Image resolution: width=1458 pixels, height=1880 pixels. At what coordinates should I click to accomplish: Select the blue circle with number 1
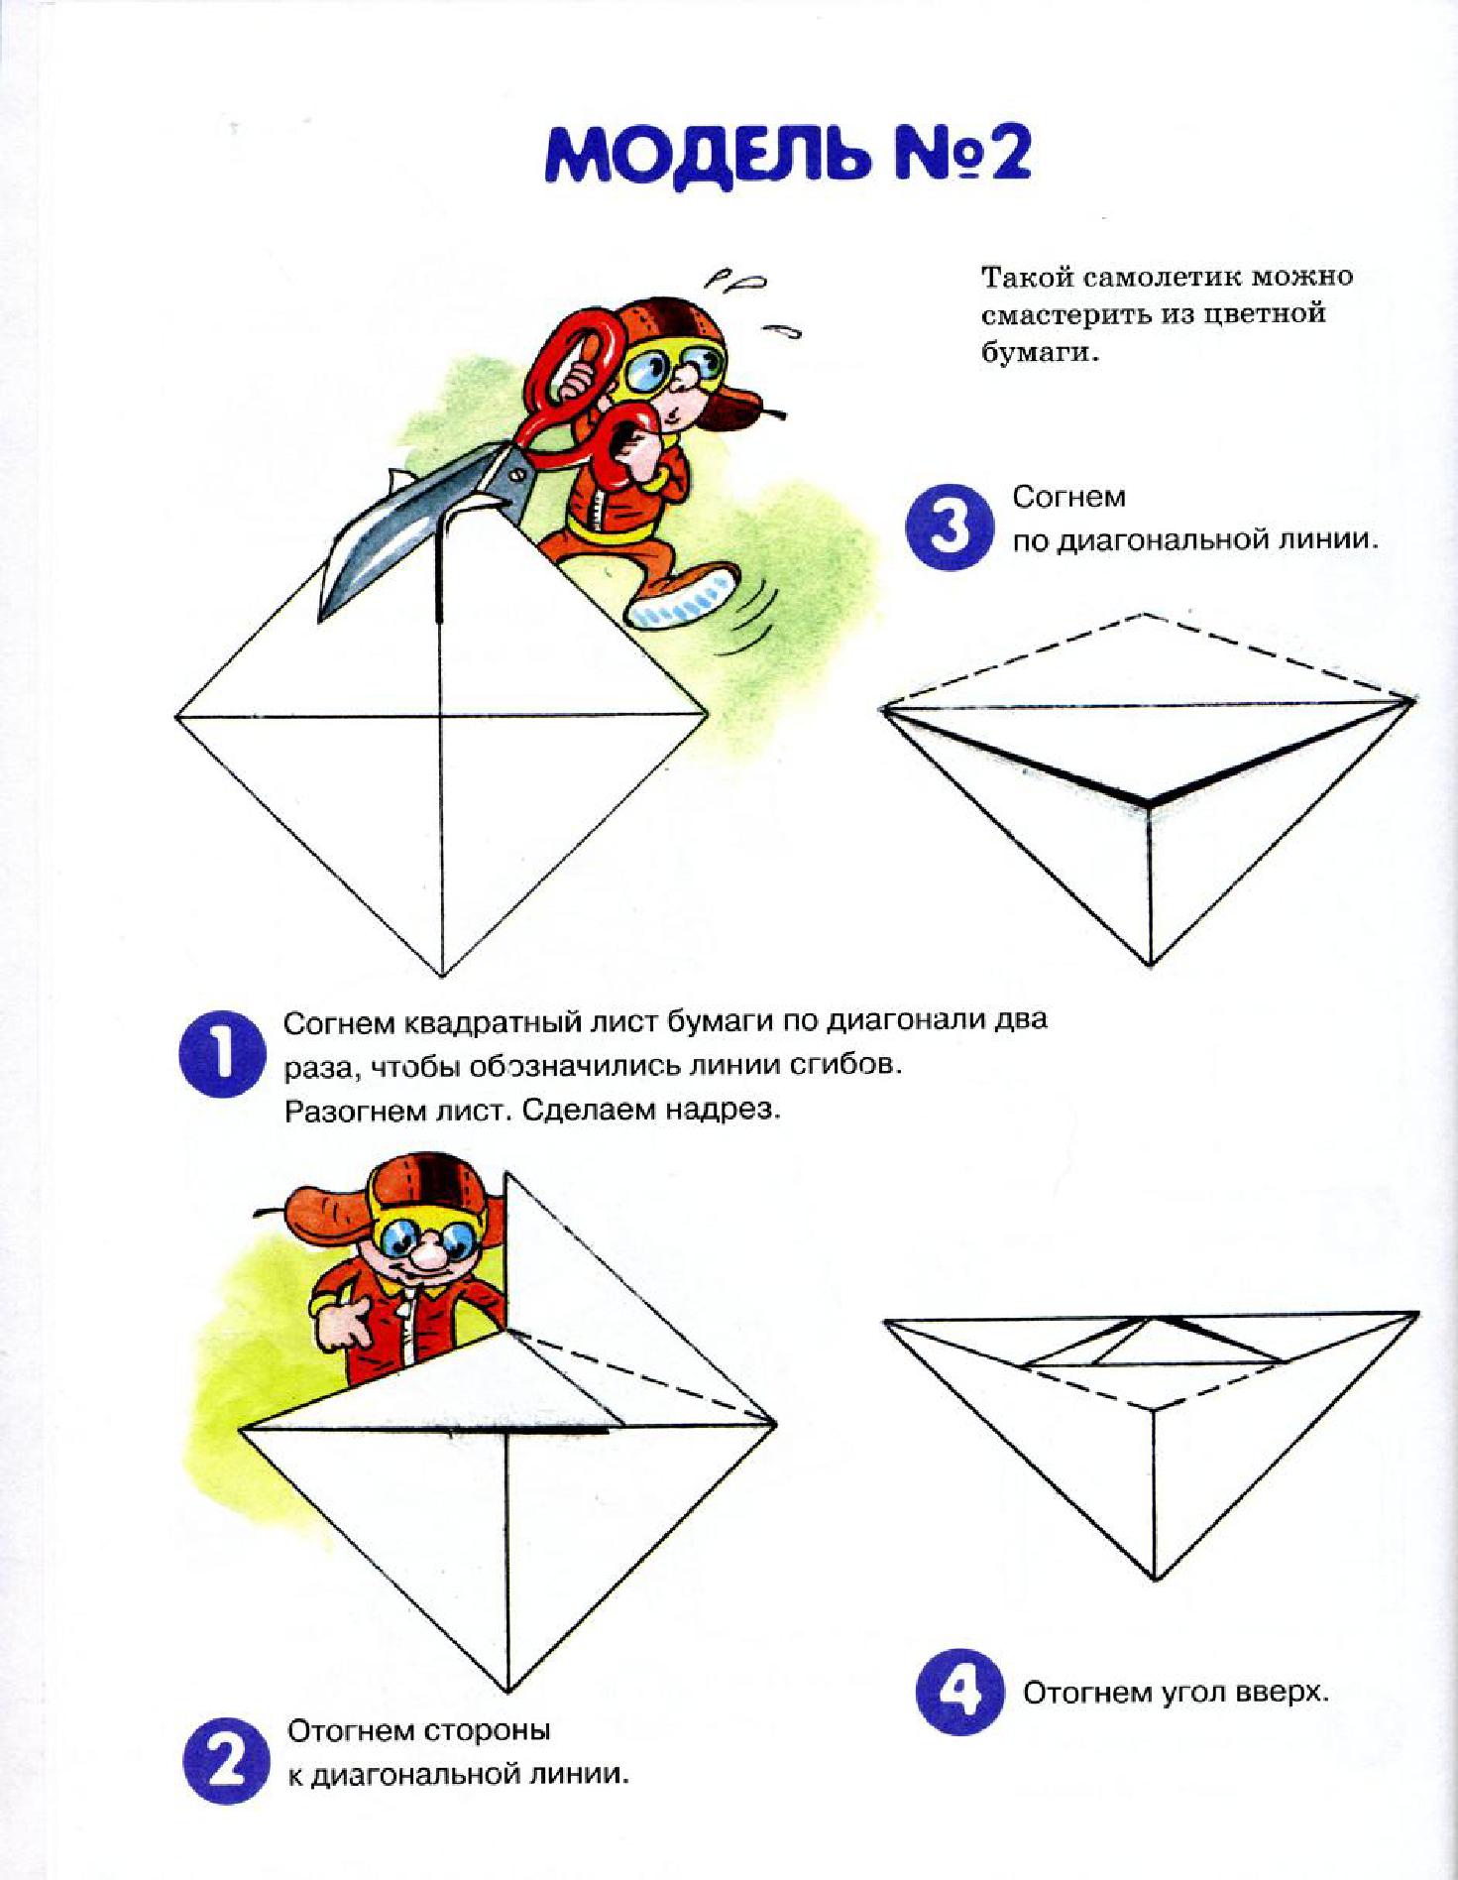(x=221, y=1054)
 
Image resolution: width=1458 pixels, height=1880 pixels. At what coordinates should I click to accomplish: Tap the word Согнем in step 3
(x=1068, y=496)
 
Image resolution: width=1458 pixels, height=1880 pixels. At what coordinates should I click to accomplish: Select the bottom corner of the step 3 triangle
(x=1151, y=965)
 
